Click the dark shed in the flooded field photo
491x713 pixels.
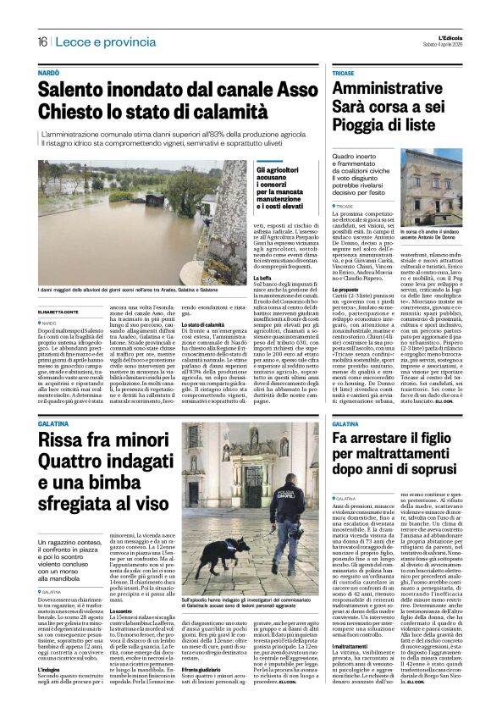[208, 203]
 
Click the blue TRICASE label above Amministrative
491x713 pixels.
[345, 75]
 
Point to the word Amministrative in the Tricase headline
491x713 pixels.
[392, 91]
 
